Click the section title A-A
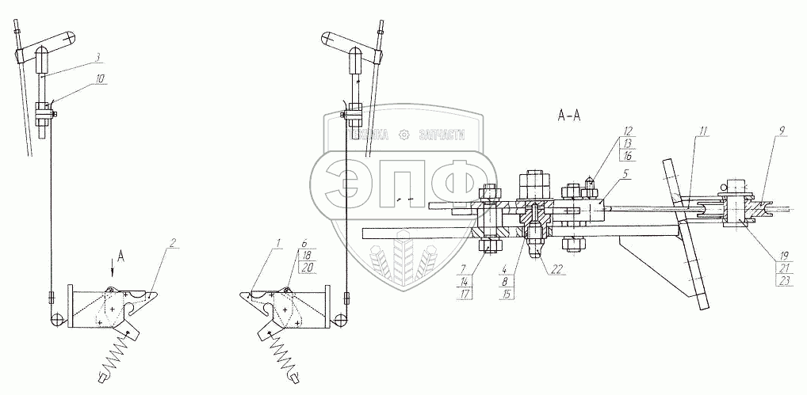tap(569, 116)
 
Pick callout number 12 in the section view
tap(628, 129)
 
